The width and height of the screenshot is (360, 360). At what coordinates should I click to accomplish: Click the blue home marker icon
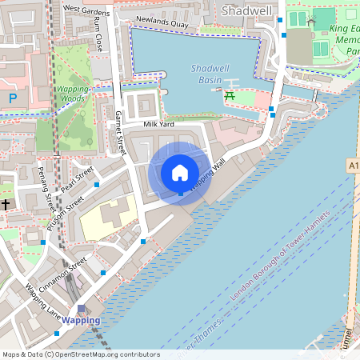[180, 173]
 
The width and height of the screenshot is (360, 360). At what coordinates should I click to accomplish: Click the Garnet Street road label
[122, 133]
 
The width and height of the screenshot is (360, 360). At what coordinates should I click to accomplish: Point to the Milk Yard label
[158, 125]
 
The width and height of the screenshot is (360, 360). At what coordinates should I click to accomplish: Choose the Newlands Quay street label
[162, 24]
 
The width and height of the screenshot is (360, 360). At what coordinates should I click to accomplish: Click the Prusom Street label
[65, 214]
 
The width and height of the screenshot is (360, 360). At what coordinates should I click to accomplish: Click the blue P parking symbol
[12, 98]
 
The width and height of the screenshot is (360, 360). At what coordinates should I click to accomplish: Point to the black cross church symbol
[5, 204]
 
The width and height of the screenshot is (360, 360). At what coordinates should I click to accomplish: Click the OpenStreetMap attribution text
[80, 354]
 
